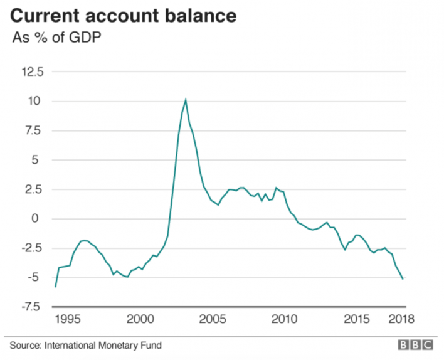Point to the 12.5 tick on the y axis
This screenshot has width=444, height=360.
coord(31,72)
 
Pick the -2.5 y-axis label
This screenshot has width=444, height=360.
coord(30,248)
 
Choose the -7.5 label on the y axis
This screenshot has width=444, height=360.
coord(30,307)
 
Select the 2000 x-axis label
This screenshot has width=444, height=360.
coord(139,319)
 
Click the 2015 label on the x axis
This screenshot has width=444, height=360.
coord(356,319)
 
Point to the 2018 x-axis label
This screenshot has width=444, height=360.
coord(401,319)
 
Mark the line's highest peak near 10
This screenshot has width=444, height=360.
coord(186,99)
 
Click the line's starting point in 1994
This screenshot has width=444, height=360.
coord(55,287)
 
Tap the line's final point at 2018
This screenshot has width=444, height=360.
coord(403,278)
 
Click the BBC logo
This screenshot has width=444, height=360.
coord(414,345)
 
